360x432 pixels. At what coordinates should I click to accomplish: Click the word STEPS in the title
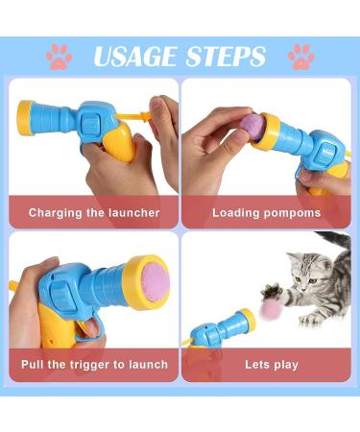point(225,56)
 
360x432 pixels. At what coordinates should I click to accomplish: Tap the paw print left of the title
point(60,56)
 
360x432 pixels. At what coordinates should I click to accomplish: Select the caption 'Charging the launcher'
point(93,212)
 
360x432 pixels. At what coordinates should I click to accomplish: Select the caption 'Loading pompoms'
point(266,212)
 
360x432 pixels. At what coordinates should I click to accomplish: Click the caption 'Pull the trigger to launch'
point(93,365)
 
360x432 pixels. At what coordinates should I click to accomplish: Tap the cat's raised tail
point(340,240)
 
